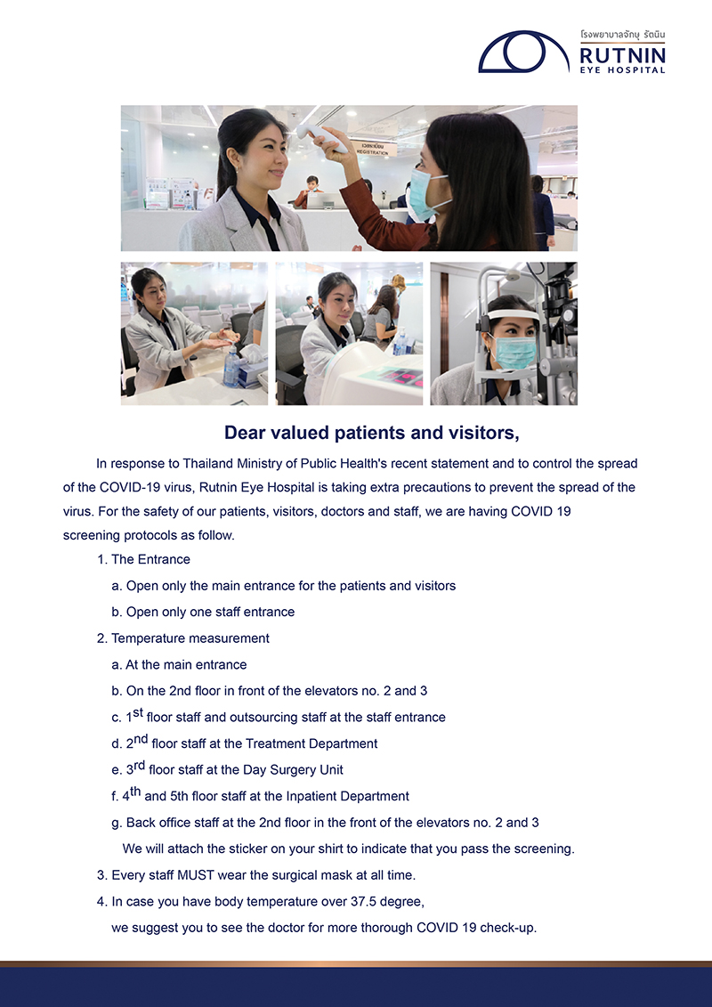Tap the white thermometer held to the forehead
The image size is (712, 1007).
[x=321, y=137]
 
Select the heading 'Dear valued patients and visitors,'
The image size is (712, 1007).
[x=372, y=434]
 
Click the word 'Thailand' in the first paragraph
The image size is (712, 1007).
[x=208, y=464]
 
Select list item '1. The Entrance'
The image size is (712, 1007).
[x=144, y=559]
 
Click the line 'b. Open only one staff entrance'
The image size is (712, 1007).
[x=203, y=612]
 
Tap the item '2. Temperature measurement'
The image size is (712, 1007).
[x=183, y=638]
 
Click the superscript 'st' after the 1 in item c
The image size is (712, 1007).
[x=138, y=713]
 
